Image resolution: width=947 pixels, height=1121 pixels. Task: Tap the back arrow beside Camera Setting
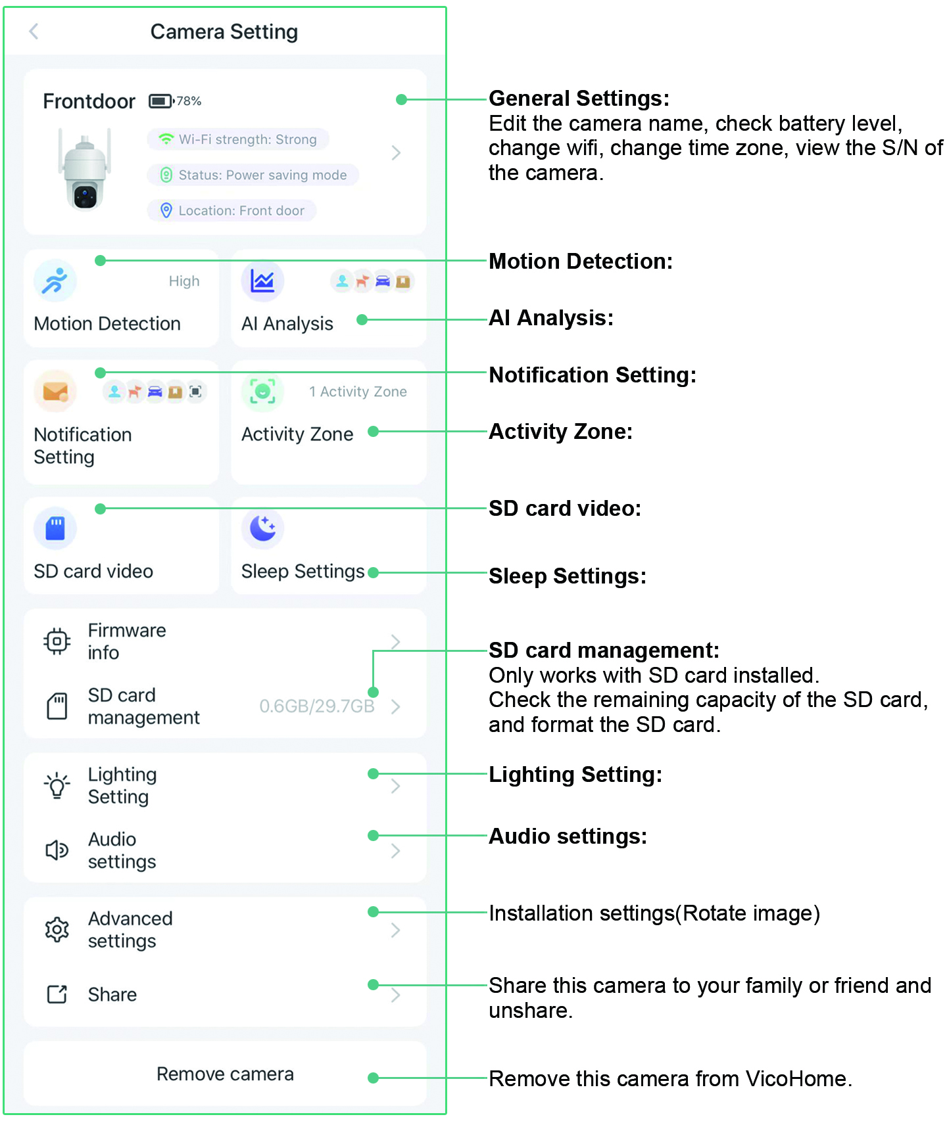pos(34,31)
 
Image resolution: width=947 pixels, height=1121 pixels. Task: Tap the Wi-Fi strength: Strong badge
pos(238,139)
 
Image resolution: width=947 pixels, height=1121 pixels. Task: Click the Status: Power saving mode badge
pos(253,175)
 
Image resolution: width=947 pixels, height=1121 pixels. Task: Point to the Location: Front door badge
pos(232,210)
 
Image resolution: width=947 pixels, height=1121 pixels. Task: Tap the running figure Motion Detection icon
pos(55,281)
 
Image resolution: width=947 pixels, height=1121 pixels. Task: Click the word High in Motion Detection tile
pos(184,281)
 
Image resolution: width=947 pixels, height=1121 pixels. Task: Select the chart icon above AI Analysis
pos(262,281)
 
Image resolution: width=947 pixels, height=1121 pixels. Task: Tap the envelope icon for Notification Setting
pos(55,391)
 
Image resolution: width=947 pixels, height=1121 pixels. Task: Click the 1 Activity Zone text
pos(358,392)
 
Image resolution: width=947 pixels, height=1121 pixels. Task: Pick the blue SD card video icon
pos(55,528)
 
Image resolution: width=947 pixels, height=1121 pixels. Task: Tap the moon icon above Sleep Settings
pos(262,528)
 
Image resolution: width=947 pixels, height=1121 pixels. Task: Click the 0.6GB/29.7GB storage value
pos(317,706)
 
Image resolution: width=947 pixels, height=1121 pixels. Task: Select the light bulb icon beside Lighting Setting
pos(57,785)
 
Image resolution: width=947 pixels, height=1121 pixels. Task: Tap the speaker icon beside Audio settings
pos(57,850)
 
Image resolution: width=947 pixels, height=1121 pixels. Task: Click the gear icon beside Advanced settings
pos(57,930)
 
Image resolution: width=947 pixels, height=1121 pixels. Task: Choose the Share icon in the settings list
pos(57,994)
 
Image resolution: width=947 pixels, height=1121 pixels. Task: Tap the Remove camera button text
pos(225,1074)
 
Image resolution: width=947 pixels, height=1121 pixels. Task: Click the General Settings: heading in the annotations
pos(579,98)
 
